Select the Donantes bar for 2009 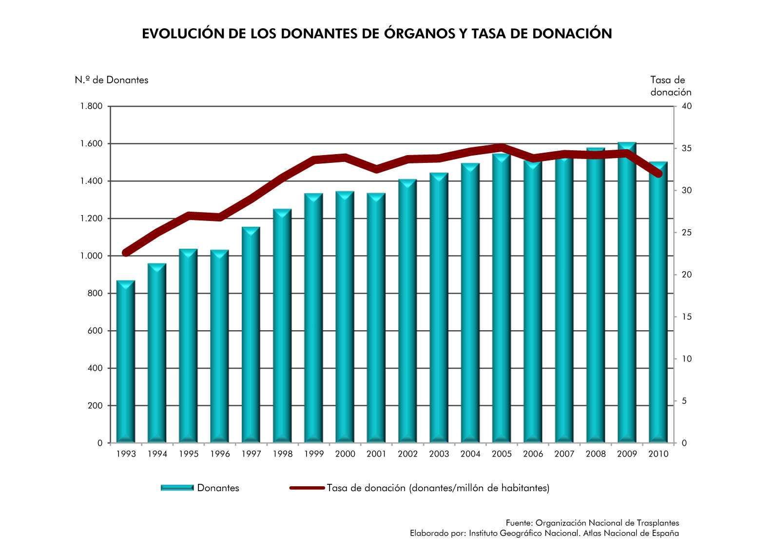627,293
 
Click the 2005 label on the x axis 502,454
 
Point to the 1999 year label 314,454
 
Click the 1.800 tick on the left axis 92,106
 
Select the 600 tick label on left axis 95,331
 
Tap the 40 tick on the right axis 686,106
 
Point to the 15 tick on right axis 686,317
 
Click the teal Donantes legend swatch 177,488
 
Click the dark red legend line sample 307,488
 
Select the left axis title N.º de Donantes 112,80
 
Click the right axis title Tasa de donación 670,86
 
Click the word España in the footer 666,533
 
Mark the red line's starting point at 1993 126,253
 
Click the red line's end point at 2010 659,174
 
